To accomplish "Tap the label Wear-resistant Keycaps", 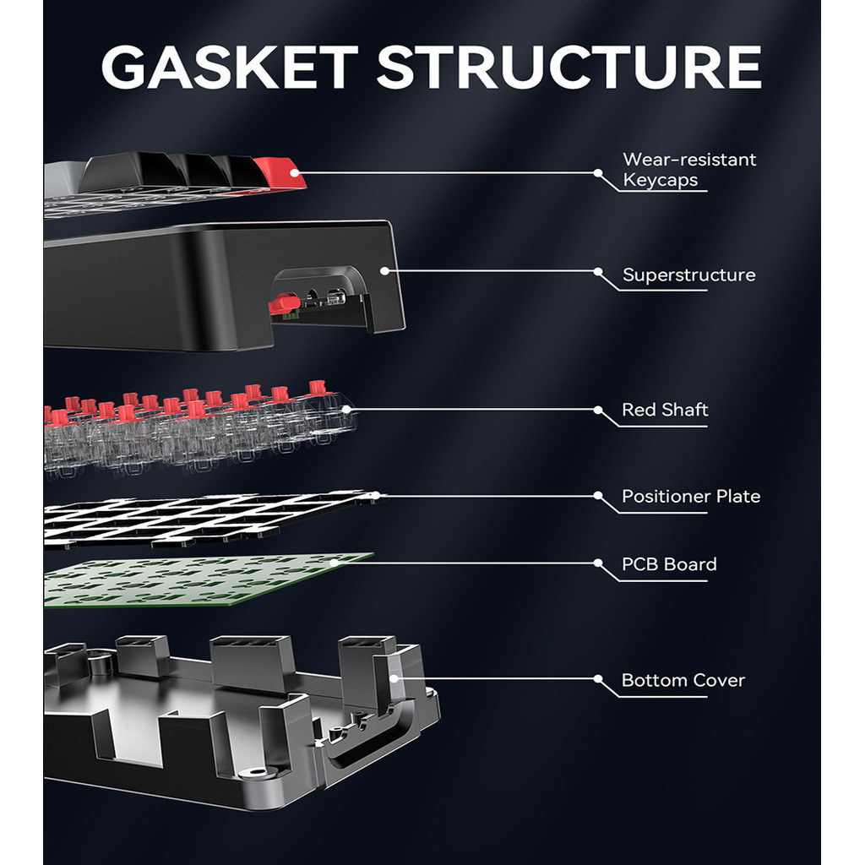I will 689,169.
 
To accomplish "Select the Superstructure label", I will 688,275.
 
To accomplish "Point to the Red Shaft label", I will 665,411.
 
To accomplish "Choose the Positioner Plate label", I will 691,497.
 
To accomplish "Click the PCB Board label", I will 669,564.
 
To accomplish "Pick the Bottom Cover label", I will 683,681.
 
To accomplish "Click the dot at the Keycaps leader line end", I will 598,172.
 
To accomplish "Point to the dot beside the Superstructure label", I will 598,272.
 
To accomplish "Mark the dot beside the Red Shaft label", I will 598,410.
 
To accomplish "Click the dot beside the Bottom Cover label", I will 598,678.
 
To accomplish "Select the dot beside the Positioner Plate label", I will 598,495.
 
